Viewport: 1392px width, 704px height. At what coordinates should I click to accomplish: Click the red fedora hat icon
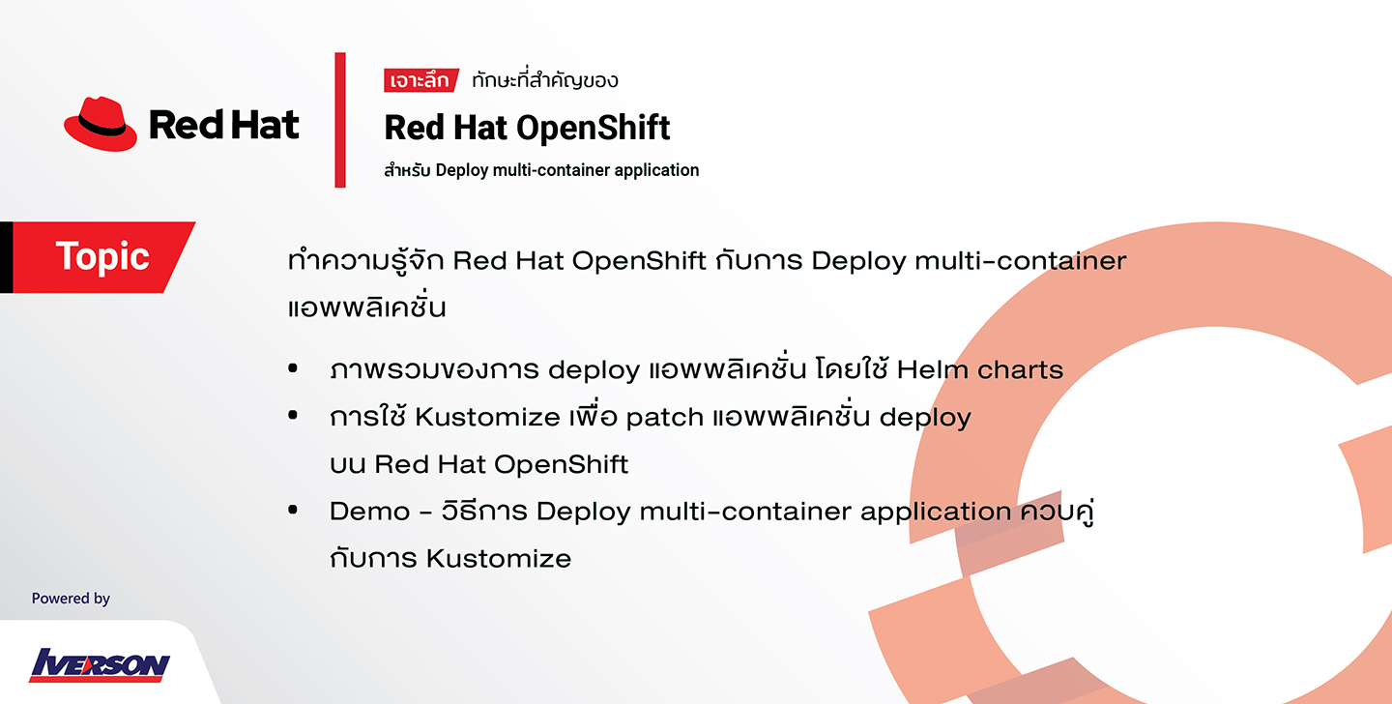tap(101, 124)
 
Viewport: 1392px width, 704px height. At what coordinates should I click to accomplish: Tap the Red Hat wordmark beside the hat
tap(223, 125)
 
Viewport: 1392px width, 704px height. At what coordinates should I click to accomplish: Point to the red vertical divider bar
tap(340, 120)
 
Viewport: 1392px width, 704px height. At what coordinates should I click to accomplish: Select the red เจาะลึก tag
tap(420, 80)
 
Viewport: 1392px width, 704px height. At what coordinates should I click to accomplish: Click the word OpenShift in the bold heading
tap(593, 128)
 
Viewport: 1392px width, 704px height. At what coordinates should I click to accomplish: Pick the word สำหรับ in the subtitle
tap(407, 169)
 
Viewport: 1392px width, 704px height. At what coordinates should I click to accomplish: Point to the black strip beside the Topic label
tap(6, 257)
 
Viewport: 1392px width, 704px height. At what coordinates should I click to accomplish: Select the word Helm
tap(932, 370)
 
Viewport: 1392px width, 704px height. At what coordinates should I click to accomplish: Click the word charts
tap(1021, 370)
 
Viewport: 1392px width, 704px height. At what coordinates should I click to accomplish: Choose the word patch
tap(664, 418)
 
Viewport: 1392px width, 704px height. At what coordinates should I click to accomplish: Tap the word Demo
tap(369, 512)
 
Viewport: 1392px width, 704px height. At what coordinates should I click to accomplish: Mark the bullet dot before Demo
tap(293, 510)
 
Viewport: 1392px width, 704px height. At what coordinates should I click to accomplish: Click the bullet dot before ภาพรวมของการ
tap(293, 368)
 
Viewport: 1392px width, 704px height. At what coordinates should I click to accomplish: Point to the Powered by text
tap(71, 599)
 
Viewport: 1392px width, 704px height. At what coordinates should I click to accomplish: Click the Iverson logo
tap(100, 664)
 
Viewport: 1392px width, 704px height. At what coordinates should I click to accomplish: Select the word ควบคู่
tap(1058, 511)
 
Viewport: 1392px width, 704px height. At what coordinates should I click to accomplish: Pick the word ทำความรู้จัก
tap(366, 260)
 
